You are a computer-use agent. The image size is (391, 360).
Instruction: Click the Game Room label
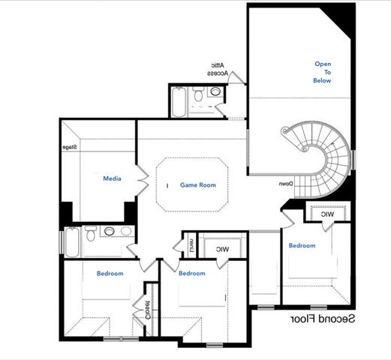[197, 184]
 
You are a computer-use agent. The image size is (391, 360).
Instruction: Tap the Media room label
[113, 179]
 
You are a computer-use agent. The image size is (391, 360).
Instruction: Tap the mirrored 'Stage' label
[70, 147]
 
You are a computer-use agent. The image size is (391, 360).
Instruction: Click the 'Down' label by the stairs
[286, 184]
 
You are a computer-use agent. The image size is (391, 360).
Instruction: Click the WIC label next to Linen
[221, 249]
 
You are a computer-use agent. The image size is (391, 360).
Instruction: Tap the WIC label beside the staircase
[327, 214]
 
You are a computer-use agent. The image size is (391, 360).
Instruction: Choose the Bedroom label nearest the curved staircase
[302, 245]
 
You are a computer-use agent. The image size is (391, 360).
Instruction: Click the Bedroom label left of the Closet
[110, 274]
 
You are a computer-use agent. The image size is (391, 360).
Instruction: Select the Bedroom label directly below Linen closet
[191, 274]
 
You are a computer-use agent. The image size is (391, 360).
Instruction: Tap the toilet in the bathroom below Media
[91, 234]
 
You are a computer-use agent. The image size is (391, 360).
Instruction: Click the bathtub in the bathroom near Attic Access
[179, 103]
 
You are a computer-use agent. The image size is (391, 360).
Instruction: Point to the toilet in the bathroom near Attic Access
[198, 95]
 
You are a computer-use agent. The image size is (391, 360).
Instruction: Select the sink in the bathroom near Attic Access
[215, 93]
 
